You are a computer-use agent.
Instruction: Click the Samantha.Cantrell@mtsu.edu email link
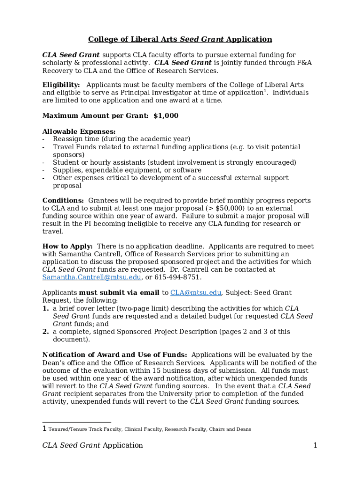click(92, 277)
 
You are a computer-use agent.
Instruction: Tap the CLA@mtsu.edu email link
click(195, 293)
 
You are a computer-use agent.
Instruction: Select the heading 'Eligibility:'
click(61, 85)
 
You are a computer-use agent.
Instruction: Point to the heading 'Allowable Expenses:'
click(79, 131)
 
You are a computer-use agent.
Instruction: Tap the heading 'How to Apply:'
click(67, 247)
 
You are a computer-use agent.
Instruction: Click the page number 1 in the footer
click(315, 445)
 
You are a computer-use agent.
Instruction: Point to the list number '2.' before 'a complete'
click(46, 332)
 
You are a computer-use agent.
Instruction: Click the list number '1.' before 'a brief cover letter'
click(46, 309)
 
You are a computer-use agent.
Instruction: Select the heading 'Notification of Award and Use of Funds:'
click(115, 355)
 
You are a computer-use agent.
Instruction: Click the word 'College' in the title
click(104, 39)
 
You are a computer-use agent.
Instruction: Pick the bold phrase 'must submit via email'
click(119, 293)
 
